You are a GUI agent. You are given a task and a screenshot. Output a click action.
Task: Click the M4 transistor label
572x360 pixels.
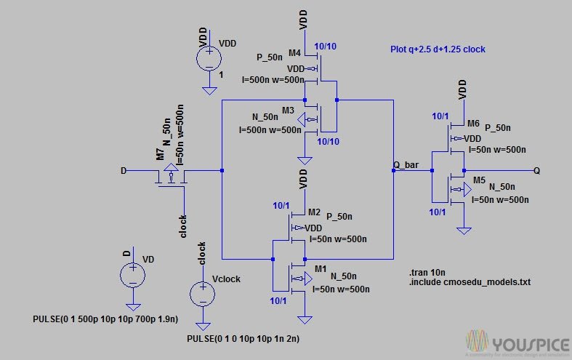click(294, 53)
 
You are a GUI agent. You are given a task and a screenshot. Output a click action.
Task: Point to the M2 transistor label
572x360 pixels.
click(314, 212)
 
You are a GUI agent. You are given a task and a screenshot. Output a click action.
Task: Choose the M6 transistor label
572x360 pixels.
click(474, 124)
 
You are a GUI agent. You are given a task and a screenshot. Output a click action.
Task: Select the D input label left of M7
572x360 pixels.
click(123, 171)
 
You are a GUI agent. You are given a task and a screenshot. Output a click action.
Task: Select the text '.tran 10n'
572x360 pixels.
click(428, 271)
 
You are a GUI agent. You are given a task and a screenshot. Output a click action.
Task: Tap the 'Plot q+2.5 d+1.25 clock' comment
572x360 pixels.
click(438, 49)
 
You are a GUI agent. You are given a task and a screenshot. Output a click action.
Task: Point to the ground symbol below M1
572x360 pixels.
click(306, 319)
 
